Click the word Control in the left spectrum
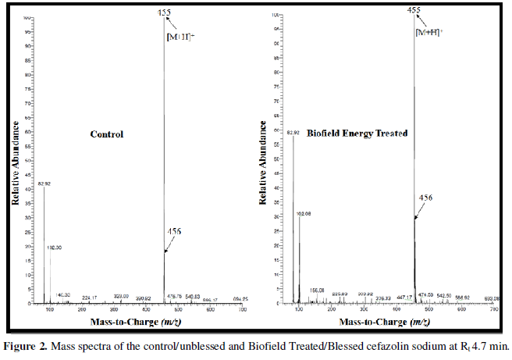coord(107,134)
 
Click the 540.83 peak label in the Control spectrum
coord(193,296)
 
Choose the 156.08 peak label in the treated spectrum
coord(317,290)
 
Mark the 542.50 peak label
coord(444,295)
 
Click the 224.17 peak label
coord(90,298)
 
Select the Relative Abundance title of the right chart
coord(265,167)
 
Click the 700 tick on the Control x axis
coord(242,310)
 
